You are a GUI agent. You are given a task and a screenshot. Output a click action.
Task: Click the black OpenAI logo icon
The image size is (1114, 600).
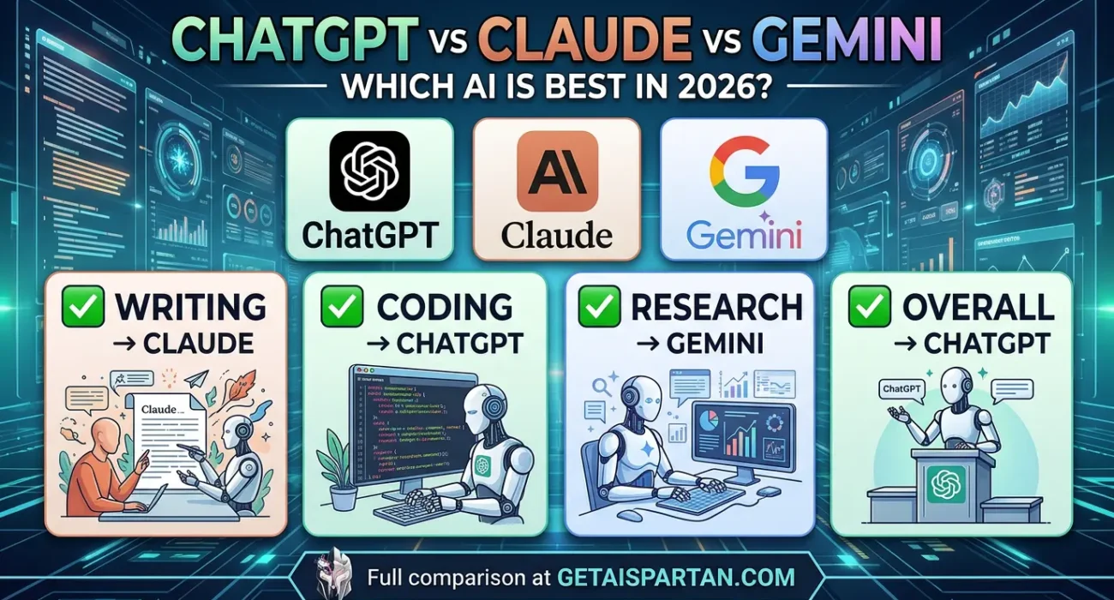pyautogui.click(x=369, y=171)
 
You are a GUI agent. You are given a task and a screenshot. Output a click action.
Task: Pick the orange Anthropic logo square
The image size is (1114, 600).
pyautogui.click(x=557, y=171)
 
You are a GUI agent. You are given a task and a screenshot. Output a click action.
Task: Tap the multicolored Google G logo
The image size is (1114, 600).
pyautogui.click(x=743, y=170)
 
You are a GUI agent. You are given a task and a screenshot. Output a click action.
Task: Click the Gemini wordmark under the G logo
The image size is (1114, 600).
pyautogui.click(x=743, y=234)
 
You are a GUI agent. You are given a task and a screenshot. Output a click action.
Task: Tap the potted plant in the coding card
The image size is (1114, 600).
pyautogui.click(x=339, y=475)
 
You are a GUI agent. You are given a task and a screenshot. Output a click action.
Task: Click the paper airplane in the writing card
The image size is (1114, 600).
pyautogui.click(x=196, y=378)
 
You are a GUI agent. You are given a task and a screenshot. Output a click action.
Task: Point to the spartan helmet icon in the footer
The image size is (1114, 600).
pyautogui.click(x=334, y=574)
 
